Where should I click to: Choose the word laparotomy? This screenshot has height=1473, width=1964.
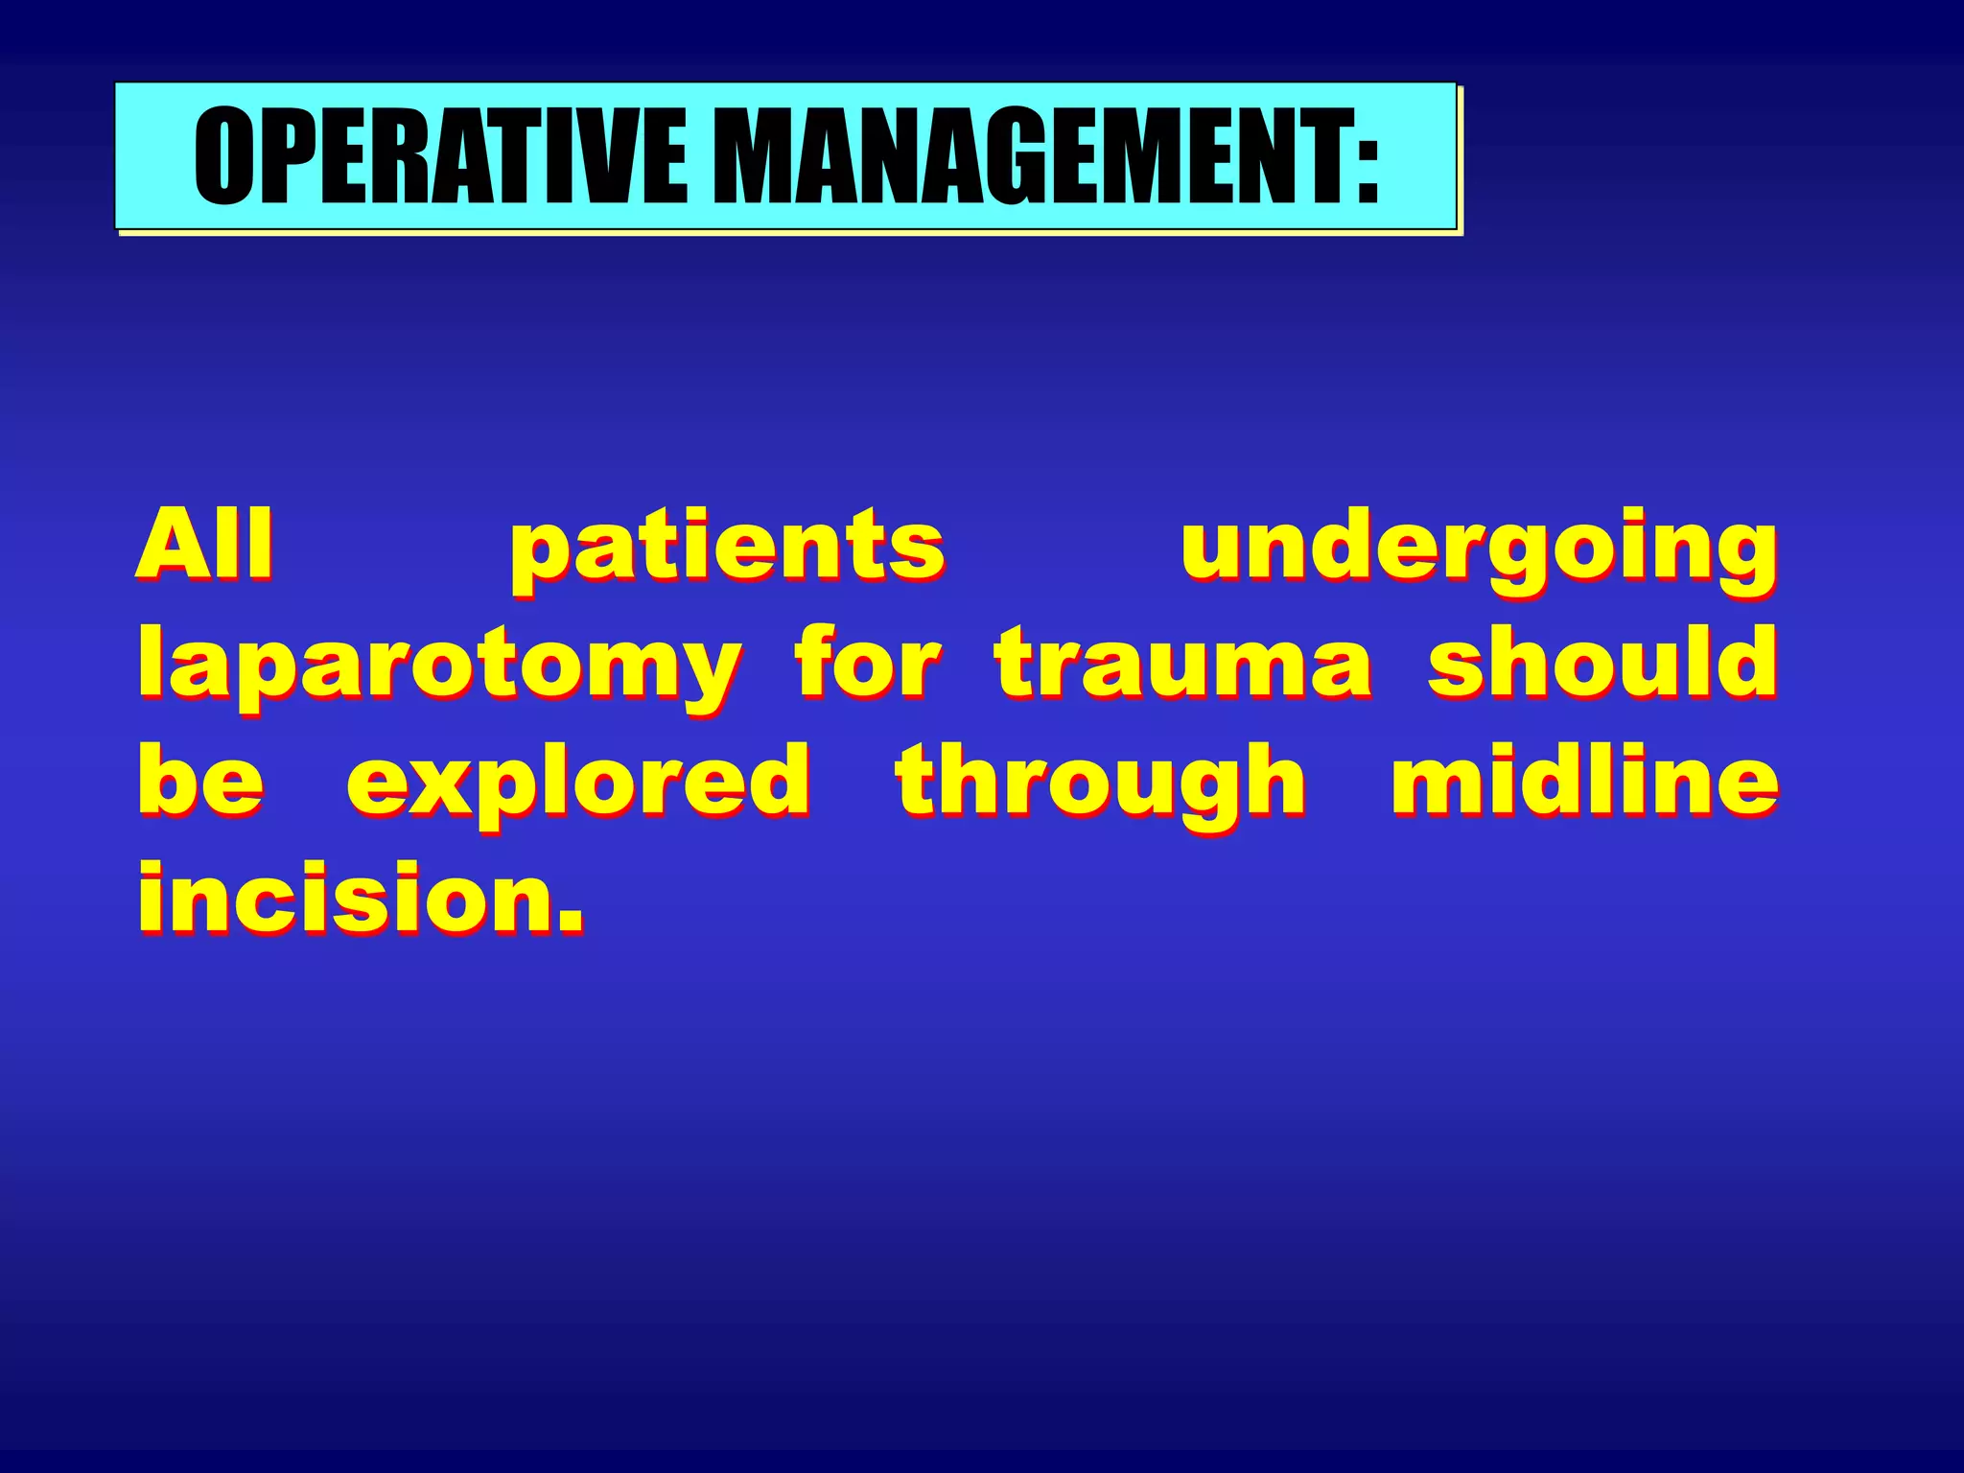[x=438, y=667]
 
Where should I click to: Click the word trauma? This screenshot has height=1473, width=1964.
[x=1182, y=664]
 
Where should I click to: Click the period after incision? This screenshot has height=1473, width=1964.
[x=571, y=921]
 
